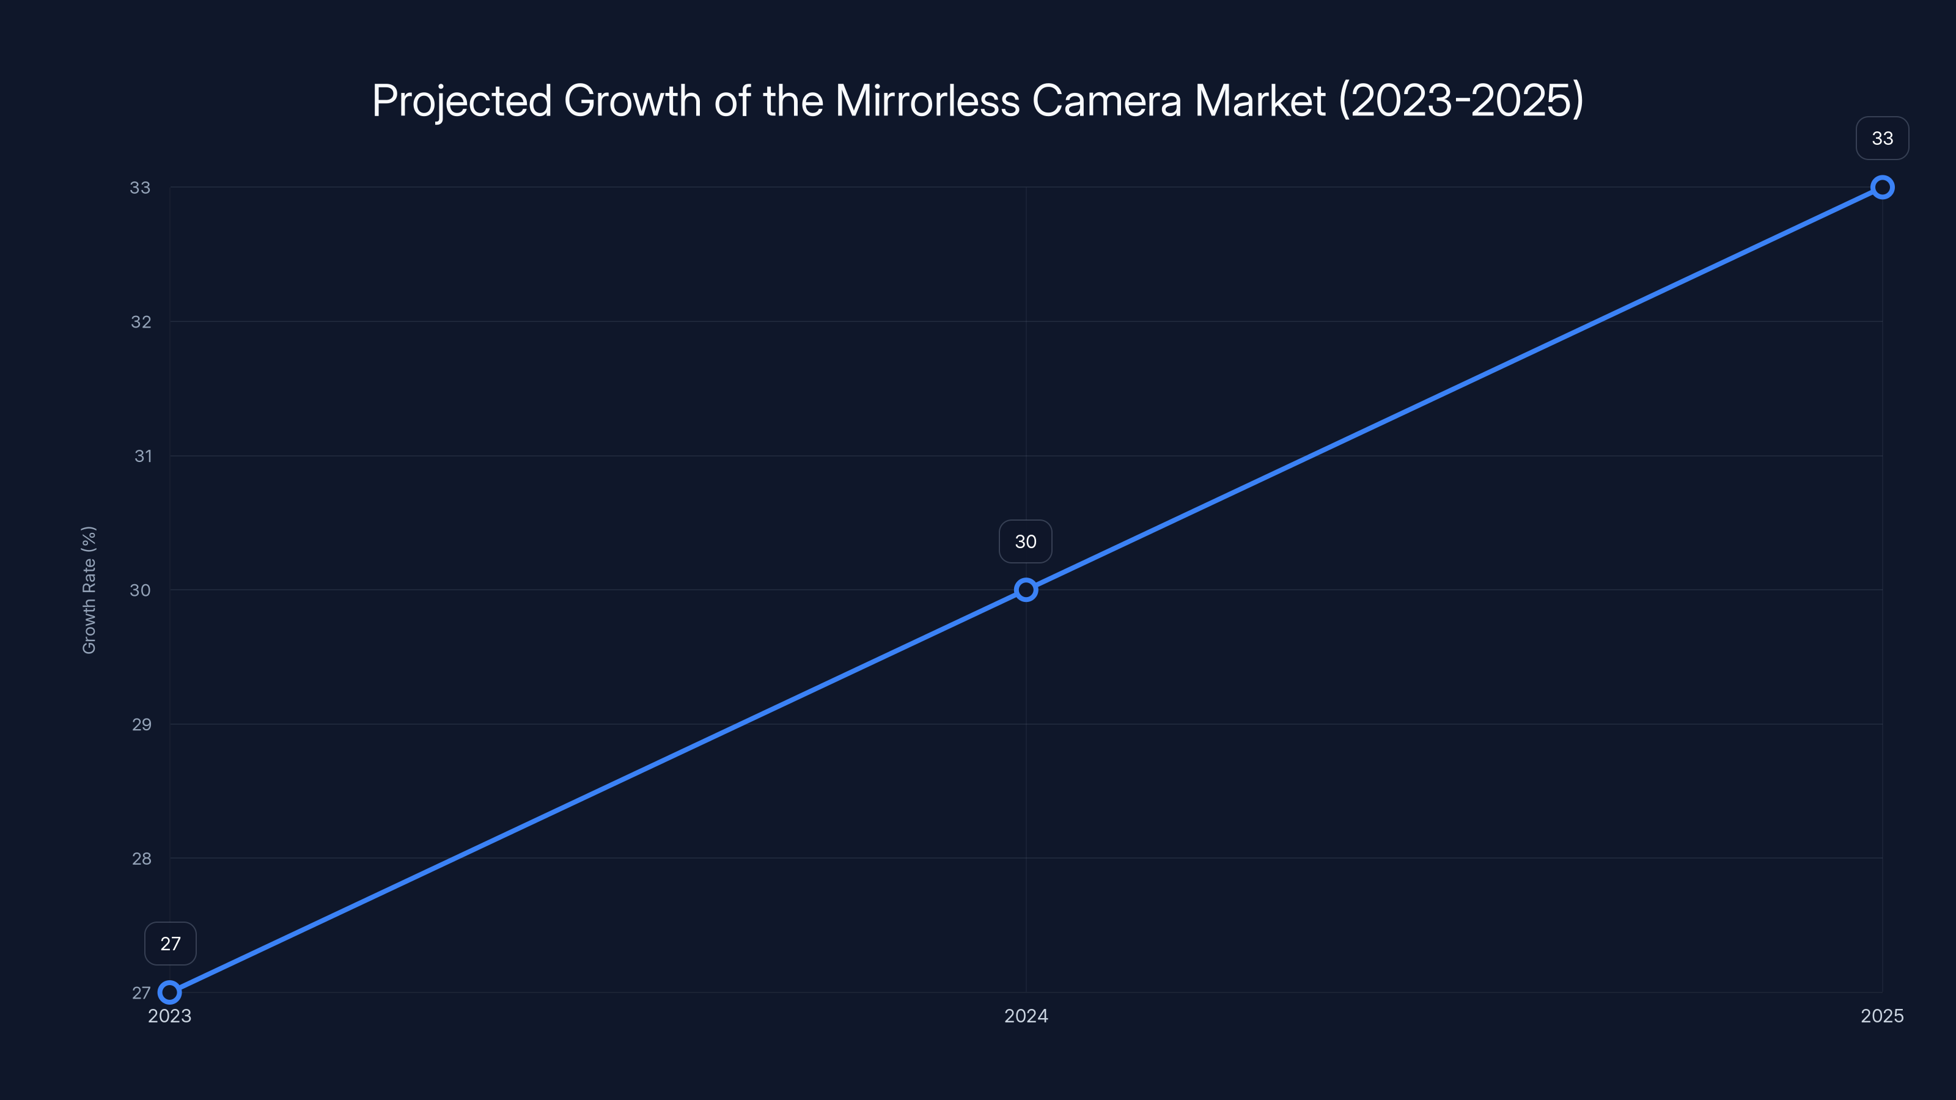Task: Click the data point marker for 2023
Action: (170, 992)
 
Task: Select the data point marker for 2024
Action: (1026, 590)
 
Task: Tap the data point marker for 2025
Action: (1883, 188)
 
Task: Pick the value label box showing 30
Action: (1026, 541)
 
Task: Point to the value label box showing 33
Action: (1883, 138)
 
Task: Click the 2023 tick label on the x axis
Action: (169, 1016)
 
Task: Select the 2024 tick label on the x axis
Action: (1026, 1016)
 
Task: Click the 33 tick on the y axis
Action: (141, 188)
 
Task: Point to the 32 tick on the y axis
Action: (141, 322)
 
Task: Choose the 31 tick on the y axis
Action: (143, 457)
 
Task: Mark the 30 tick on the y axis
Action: (141, 590)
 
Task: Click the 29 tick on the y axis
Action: (142, 724)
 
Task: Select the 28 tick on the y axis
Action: (142, 859)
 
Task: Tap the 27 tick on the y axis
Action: (141, 993)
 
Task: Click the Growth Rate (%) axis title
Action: (89, 590)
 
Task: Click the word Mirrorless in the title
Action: (927, 101)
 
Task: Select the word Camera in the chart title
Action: (1106, 101)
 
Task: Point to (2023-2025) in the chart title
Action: (1461, 101)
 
